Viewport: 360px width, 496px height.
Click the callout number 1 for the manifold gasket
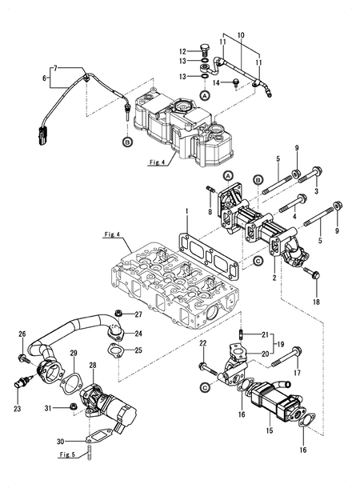[186, 214]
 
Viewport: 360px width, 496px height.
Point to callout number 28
[93, 365]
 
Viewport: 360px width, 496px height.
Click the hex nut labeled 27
[116, 313]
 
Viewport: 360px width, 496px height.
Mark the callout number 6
[45, 78]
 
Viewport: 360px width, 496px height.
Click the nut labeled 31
[72, 408]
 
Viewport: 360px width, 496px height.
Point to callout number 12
[182, 50]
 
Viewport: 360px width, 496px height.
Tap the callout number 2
[274, 278]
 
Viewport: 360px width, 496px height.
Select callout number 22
[203, 343]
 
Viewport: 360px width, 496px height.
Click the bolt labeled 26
[23, 347]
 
